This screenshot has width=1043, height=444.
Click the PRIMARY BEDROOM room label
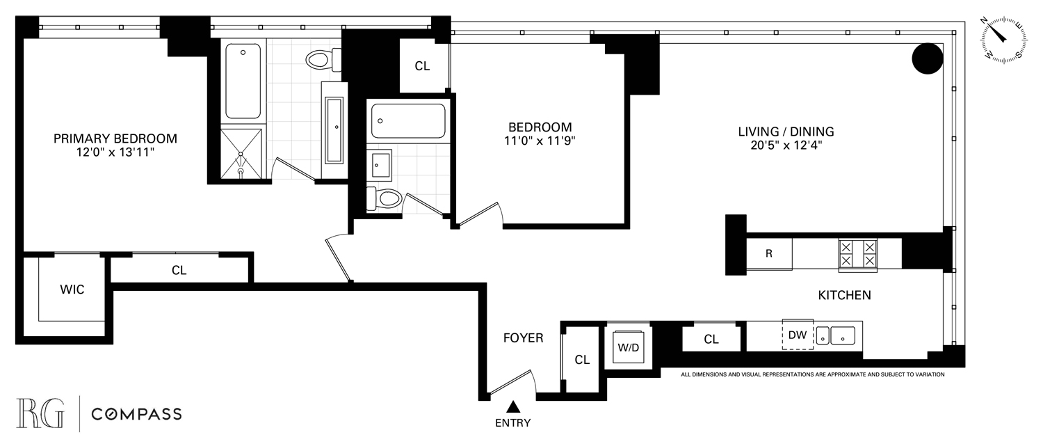[x=115, y=138]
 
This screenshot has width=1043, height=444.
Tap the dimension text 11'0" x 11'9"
[x=540, y=141]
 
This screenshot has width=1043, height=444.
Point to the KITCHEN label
[x=844, y=296]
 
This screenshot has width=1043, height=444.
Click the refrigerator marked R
[x=768, y=253]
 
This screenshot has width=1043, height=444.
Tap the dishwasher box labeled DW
[x=798, y=335]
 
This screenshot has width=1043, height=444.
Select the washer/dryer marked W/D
[x=629, y=345]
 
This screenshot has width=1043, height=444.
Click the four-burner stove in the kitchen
[x=858, y=253]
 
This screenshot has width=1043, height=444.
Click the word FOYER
[x=523, y=338]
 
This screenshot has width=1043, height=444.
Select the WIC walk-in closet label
[x=72, y=290]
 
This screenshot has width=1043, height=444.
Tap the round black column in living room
[x=928, y=59]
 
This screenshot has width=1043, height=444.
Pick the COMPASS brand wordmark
[x=137, y=415]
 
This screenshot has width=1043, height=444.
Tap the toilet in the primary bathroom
[x=322, y=60]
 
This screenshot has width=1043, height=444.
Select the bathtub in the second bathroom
[x=407, y=121]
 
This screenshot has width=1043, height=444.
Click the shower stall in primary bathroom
[x=242, y=153]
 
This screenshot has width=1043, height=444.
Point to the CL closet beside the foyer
[x=582, y=360]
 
